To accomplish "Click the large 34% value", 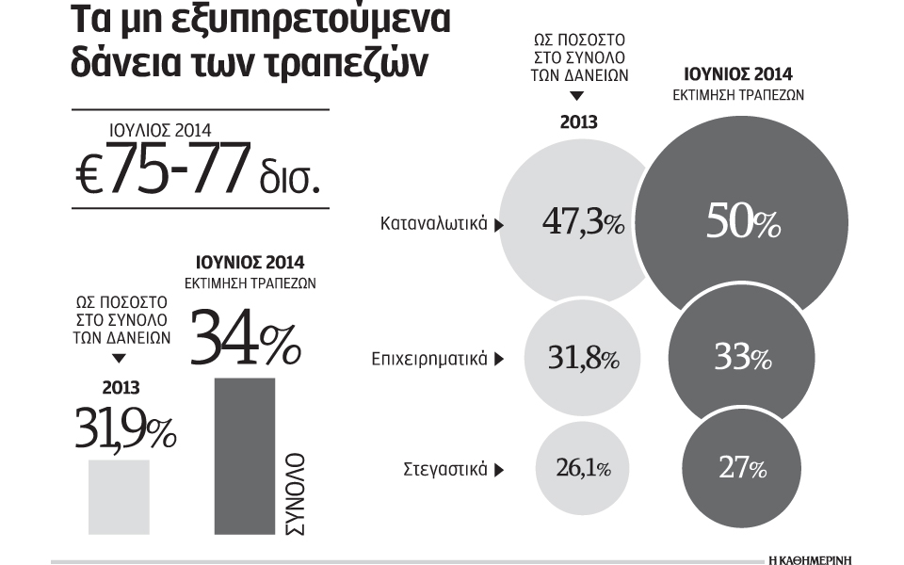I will pyautogui.click(x=246, y=338).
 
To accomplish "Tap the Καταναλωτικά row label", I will pyautogui.click(x=433, y=224).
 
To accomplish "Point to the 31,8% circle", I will pyautogui.click(x=582, y=358).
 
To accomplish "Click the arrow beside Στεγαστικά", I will pyautogui.click(x=499, y=469).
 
